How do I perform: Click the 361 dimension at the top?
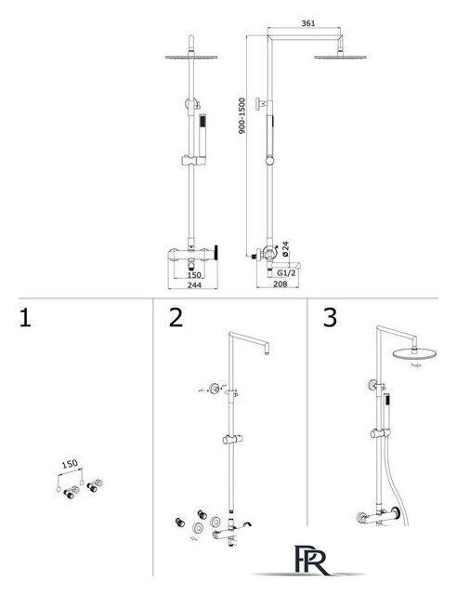(308, 23)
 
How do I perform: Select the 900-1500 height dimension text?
(242, 115)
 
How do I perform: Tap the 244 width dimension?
(194, 285)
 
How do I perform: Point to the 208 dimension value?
(281, 284)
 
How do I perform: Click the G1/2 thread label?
(286, 272)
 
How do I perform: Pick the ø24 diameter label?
(285, 248)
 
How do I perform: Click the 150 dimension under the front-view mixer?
(194, 275)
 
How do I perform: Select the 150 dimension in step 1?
(70, 464)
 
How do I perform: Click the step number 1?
(25, 318)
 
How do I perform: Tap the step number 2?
(176, 318)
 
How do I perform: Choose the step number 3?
(330, 318)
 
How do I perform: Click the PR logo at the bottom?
(311, 561)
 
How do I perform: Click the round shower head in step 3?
(414, 353)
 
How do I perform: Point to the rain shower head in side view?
(340, 57)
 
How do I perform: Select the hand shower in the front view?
(202, 135)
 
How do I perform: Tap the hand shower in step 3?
(386, 412)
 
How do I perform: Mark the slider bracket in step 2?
(232, 440)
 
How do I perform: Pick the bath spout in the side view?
(290, 264)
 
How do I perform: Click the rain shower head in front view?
(191, 57)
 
